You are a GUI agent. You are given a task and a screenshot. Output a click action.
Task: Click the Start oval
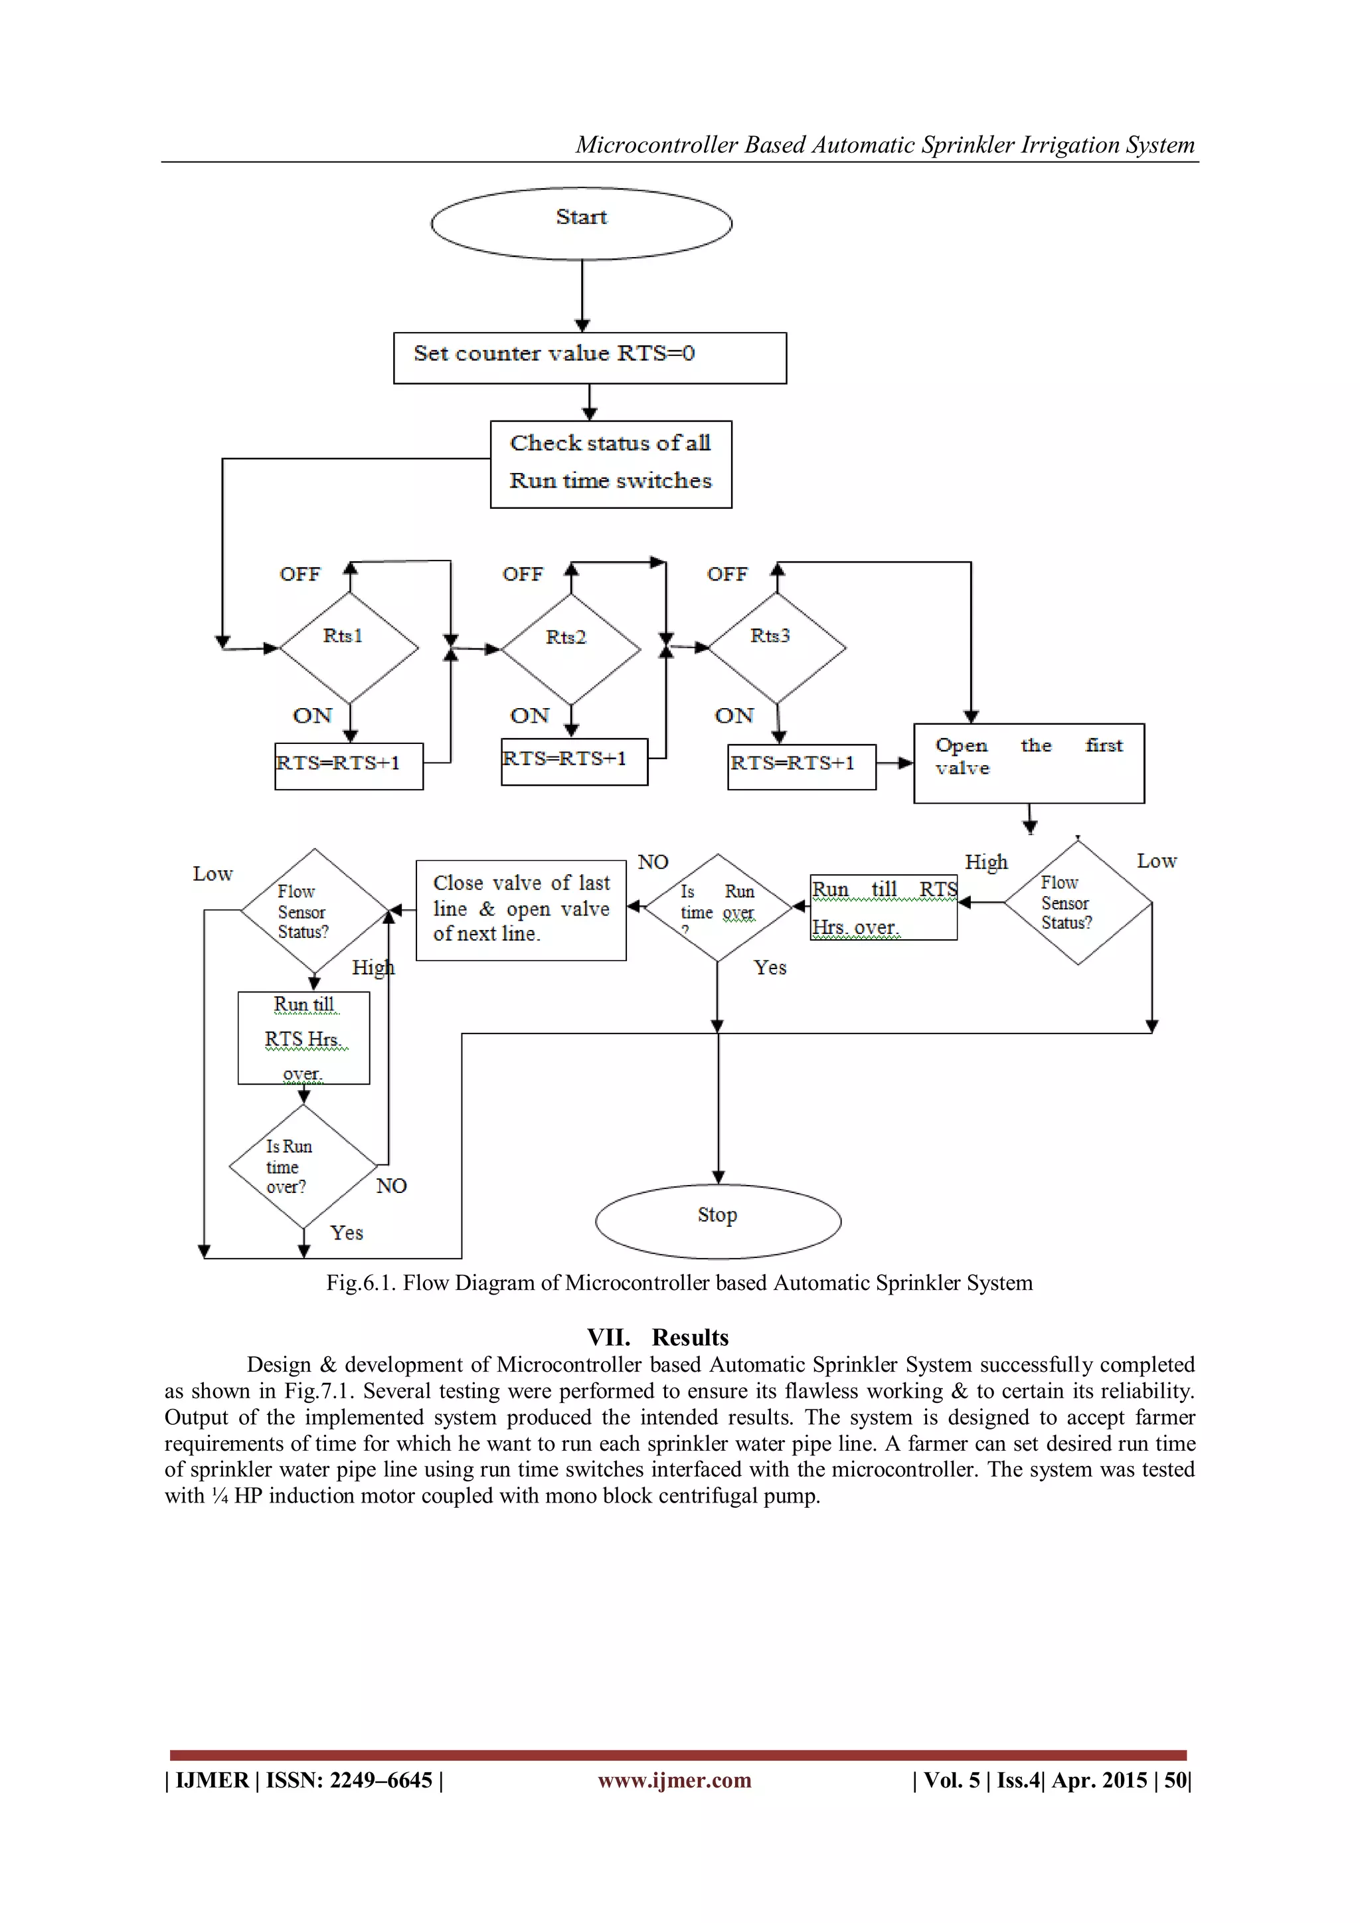tap(581, 223)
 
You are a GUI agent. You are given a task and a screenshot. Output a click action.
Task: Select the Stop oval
tap(718, 1220)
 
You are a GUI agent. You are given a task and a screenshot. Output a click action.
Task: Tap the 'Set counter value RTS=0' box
tap(590, 357)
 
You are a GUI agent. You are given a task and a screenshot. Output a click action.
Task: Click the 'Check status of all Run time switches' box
tap(610, 464)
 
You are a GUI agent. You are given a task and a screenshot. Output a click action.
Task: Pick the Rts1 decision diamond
tap(349, 648)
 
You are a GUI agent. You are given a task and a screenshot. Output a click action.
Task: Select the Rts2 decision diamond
tap(570, 648)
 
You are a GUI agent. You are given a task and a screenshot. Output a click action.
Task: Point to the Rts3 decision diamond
tap(776, 648)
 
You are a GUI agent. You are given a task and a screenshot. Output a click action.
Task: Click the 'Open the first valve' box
tap(1029, 763)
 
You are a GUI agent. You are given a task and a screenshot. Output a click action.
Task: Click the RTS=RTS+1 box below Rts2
tap(574, 761)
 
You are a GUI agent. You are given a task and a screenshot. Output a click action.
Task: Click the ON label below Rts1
tap(312, 715)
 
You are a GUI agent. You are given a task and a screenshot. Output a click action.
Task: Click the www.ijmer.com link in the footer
tap(674, 1779)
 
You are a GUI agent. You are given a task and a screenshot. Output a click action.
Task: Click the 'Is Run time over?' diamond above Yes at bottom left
tap(303, 1166)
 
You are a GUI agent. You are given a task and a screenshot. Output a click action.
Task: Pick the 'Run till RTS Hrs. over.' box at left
tap(303, 1038)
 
